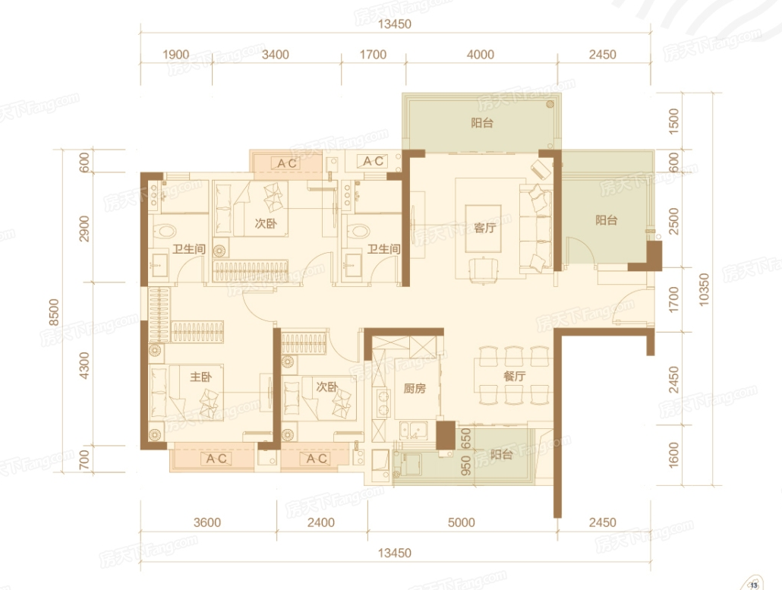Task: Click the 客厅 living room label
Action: click(x=484, y=228)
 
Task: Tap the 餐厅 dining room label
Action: click(x=514, y=376)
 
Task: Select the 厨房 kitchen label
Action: click(x=415, y=388)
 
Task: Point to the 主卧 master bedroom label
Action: click(x=201, y=377)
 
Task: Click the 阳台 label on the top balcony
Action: click(x=482, y=123)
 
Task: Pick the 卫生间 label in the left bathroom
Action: click(x=189, y=248)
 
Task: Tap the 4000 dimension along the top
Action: click(x=481, y=55)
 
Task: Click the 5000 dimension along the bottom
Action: click(x=462, y=522)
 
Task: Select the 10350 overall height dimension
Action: click(x=704, y=290)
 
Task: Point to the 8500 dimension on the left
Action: click(x=54, y=312)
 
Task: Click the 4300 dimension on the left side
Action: click(x=84, y=365)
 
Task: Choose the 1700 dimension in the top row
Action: click(x=373, y=55)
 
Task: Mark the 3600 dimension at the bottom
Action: click(x=207, y=522)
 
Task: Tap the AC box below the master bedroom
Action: click(x=216, y=459)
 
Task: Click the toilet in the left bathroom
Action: click(x=164, y=231)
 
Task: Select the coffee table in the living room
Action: click(x=484, y=229)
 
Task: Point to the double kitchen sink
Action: click(x=413, y=430)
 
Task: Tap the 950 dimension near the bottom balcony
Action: click(x=466, y=465)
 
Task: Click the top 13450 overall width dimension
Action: click(x=395, y=24)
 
